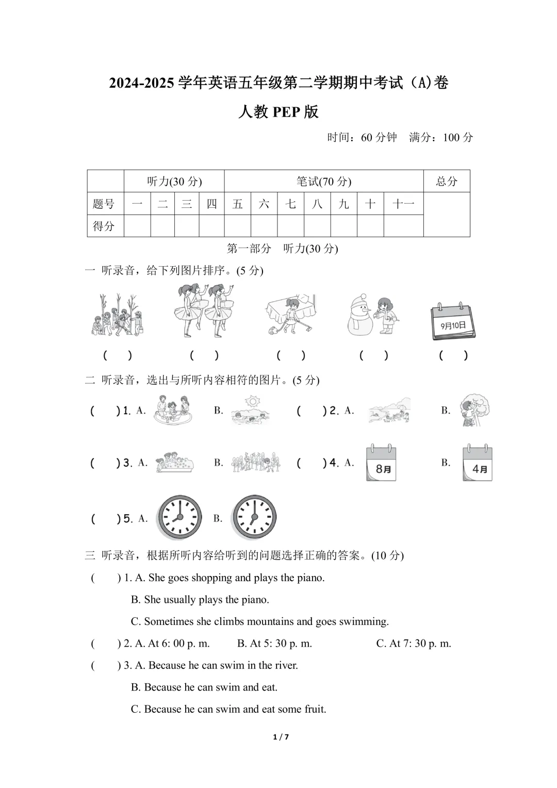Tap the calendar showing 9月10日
click(453, 321)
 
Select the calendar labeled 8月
click(381, 463)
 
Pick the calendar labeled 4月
click(478, 463)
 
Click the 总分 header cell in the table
click(447, 181)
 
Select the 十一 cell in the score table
click(403, 204)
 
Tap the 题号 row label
click(104, 204)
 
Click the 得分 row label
click(104, 226)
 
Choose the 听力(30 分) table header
click(174, 181)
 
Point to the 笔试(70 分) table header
click(324, 181)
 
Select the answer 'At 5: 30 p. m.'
click(274, 643)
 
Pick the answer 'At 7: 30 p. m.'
click(414, 643)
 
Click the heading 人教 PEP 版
click(278, 112)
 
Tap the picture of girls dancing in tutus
click(204, 311)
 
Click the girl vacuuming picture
click(290, 315)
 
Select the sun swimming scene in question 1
click(251, 411)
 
